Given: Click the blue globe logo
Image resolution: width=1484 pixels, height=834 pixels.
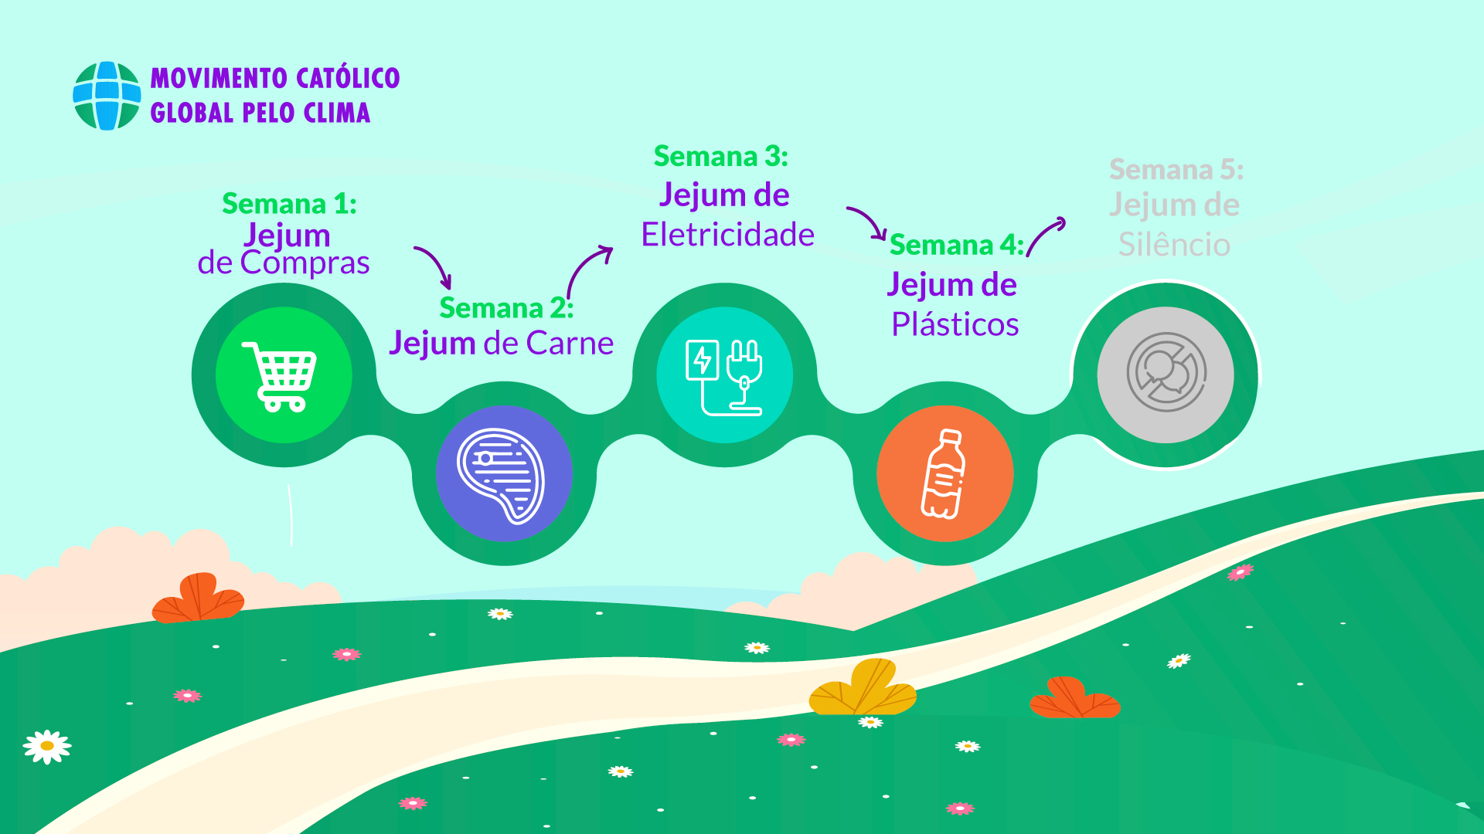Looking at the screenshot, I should [107, 96].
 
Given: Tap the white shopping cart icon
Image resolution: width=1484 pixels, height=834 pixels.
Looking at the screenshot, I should [281, 376].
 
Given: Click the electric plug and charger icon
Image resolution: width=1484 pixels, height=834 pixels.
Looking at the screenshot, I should [724, 377].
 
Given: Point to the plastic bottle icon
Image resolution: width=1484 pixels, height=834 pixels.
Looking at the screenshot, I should [944, 474].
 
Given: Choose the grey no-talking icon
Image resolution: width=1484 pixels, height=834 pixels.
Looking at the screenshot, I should [1166, 373].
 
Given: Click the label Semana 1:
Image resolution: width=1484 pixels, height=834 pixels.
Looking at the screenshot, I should [289, 204].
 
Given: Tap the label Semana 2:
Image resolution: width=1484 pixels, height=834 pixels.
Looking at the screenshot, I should [506, 308].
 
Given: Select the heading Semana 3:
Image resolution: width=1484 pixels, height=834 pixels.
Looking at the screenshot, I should [720, 157].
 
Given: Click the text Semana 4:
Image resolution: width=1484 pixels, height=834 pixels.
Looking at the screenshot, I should [956, 245].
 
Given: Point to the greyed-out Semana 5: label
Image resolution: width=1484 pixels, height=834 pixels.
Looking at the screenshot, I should [1176, 170].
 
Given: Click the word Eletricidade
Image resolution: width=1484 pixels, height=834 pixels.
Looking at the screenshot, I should [727, 235].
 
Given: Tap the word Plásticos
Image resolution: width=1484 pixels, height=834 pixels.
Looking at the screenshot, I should [955, 324].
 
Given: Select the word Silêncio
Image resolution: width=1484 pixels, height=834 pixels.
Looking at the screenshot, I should [1174, 245].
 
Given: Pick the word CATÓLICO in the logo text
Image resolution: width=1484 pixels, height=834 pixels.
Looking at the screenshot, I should [348, 78].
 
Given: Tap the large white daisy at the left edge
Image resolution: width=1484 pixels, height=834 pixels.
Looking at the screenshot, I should [47, 747].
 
